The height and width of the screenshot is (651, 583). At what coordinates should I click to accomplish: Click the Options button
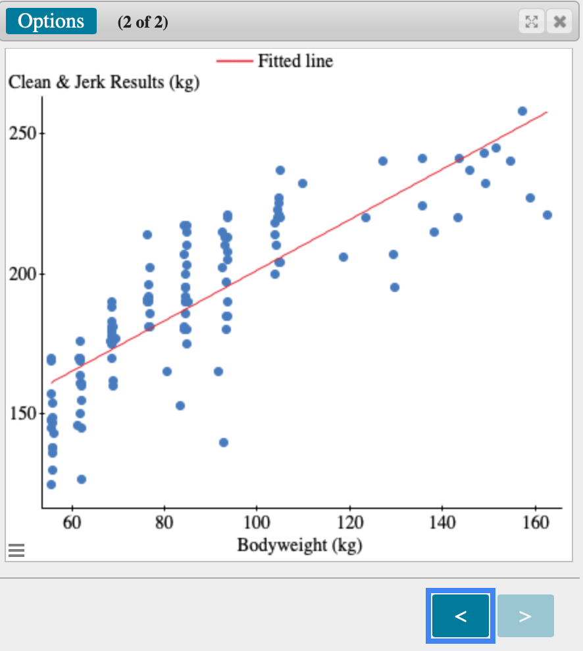pyautogui.click(x=51, y=21)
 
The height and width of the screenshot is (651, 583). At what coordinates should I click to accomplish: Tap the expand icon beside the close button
pyautogui.click(x=531, y=22)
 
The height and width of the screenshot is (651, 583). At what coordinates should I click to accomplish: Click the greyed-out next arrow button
pyautogui.click(x=525, y=616)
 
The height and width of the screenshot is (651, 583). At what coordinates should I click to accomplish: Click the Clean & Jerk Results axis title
pyautogui.click(x=103, y=83)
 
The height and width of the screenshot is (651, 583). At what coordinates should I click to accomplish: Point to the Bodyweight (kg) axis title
pyautogui.click(x=299, y=545)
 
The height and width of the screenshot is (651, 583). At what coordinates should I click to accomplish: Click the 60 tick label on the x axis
pyautogui.click(x=72, y=523)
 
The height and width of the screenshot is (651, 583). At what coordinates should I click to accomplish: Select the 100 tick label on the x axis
pyautogui.click(x=257, y=523)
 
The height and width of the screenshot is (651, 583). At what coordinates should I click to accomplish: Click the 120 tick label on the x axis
pyautogui.click(x=349, y=523)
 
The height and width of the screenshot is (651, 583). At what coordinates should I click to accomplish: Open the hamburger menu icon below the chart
pyautogui.click(x=16, y=550)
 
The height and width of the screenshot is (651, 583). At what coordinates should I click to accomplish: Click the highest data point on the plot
pyautogui.click(x=522, y=111)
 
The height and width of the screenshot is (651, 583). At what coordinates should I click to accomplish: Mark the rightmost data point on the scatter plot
pyautogui.click(x=547, y=215)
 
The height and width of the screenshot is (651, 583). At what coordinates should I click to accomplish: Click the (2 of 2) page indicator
pyautogui.click(x=143, y=22)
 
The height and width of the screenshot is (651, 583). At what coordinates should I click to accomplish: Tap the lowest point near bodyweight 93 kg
pyautogui.click(x=224, y=443)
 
